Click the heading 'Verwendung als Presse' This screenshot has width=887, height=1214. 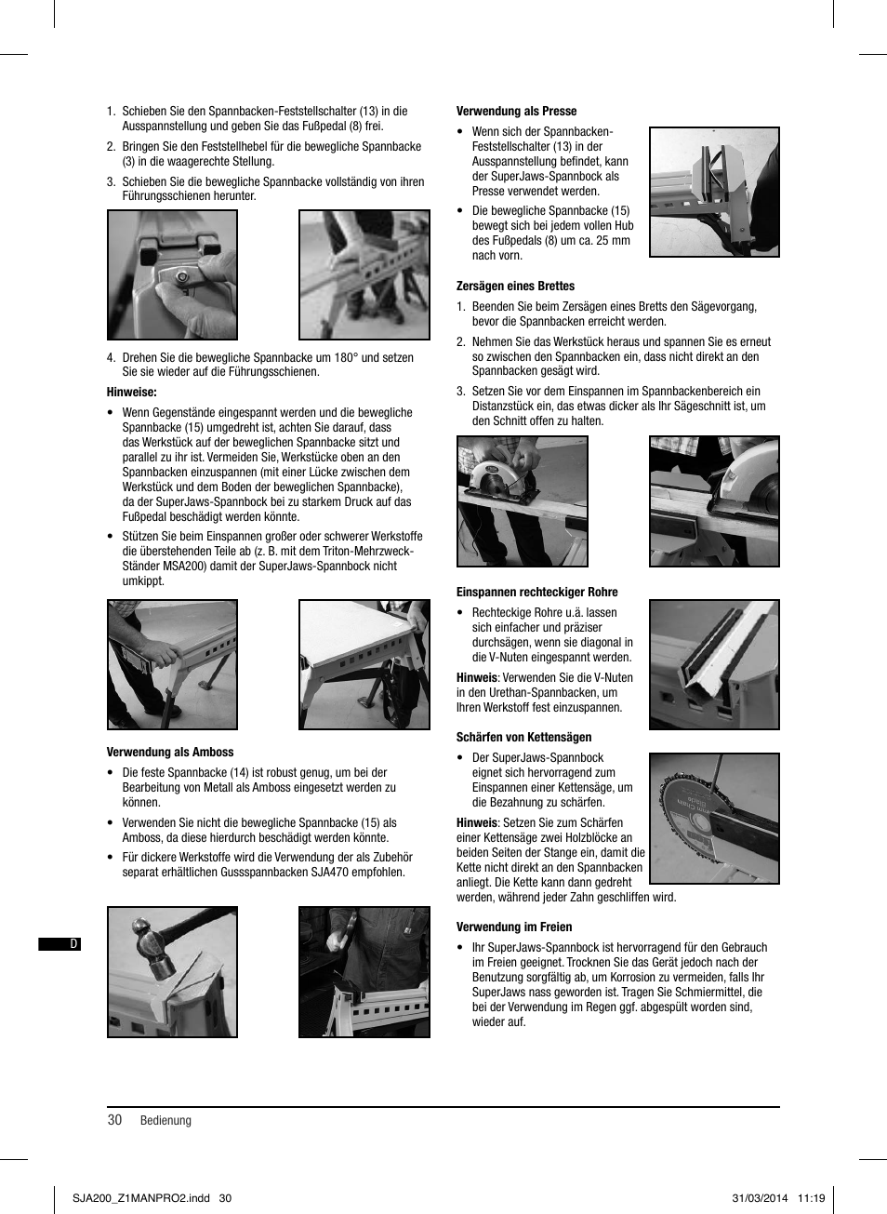(x=516, y=111)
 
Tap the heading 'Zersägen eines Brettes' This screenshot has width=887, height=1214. (x=515, y=286)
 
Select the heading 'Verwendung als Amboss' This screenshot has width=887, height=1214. (x=170, y=752)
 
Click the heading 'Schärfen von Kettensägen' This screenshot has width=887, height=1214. (x=523, y=737)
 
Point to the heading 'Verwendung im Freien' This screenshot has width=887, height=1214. (x=514, y=927)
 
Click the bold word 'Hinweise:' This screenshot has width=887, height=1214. (x=132, y=392)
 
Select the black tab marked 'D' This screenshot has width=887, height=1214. (x=60, y=944)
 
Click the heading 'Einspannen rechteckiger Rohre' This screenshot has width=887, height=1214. (x=536, y=592)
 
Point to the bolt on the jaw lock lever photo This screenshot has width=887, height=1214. (x=183, y=277)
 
